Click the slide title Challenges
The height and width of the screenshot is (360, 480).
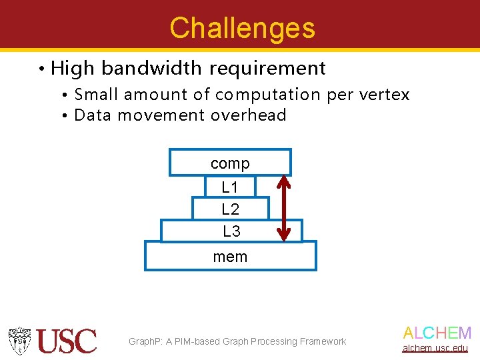coord(242,28)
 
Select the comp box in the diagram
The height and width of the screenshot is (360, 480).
coord(230,163)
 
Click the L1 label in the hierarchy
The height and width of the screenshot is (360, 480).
coord(230,187)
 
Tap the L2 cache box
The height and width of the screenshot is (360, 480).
coord(230,209)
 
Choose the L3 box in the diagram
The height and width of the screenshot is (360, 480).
coord(231,231)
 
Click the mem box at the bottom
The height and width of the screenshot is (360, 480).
coord(230,257)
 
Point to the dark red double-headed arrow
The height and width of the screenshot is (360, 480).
coord(284,207)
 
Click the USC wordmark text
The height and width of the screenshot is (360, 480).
coord(67,341)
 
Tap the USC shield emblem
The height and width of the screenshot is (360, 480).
coord(20,341)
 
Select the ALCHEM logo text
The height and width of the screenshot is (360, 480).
coord(437,333)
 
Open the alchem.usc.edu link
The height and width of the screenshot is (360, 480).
coord(435,348)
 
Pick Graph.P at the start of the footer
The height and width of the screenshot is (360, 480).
coord(145,341)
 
